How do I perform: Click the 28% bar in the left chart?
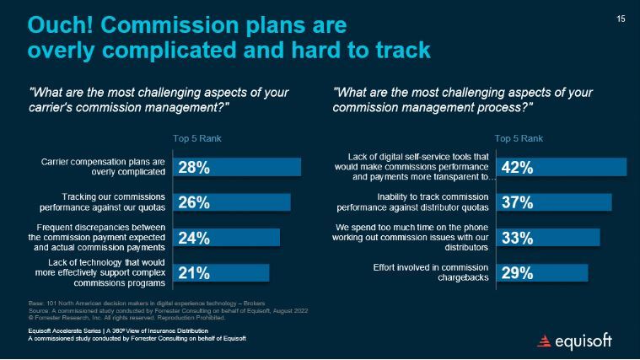(x=236, y=167)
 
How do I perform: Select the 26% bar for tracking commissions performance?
(x=231, y=202)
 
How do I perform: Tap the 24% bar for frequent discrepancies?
(x=225, y=237)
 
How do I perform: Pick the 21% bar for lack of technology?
(x=221, y=272)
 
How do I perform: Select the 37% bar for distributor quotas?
(x=554, y=202)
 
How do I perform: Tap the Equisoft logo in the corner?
(x=575, y=341)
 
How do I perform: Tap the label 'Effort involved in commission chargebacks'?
(x=431, y=272)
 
